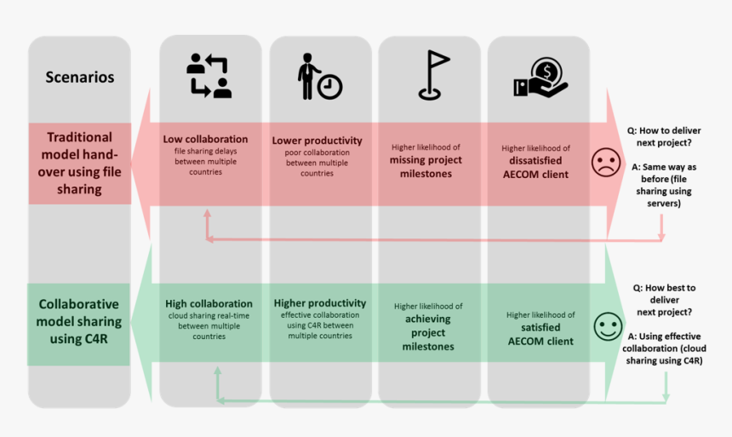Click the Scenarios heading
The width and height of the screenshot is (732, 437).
pyautogui.click(x=80, y=77)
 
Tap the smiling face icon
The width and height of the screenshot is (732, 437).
pyautogui.click(x=608, y=327)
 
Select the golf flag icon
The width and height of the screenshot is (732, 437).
pyautogui.click(x=432, y=75)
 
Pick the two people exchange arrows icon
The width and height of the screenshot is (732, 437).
pyautogui.click(x=209, y=76)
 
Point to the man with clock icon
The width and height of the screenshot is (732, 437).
pyautogui.click(x=318, y=78)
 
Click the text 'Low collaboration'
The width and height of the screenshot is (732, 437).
pyautogui.click(x=206, y=139)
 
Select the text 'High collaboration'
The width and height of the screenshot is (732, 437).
pyautogui.click(x=209, y=303)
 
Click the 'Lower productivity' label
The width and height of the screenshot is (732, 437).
pyautogui.click(x=317, y=141)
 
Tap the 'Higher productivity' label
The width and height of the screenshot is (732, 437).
pyautogui.click(x=320, y=302)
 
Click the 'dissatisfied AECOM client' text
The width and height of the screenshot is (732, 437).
pyautogui.click(x=536, y=167)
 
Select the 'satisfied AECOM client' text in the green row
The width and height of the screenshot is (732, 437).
pyautogui.click(x=540, y=334)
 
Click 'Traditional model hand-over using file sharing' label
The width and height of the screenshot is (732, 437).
pyautogui.click(x=80, y=164)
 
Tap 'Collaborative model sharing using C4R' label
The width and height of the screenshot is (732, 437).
pyautogui.click(x=80, y=323)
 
